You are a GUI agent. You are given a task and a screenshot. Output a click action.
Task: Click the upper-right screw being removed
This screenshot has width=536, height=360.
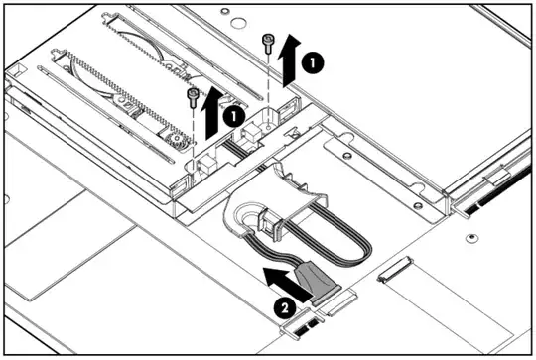point(268,43)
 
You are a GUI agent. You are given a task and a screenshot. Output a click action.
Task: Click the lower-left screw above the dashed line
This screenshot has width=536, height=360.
point(194,97)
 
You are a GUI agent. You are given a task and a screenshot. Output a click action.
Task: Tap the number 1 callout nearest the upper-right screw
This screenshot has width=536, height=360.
point(313,62)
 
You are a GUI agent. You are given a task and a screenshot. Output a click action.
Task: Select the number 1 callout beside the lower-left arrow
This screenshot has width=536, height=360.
point(234,116)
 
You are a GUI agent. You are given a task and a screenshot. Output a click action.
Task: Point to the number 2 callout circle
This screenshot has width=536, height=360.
point(285,308)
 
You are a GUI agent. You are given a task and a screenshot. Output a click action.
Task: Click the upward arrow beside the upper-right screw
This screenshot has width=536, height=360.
point(289,60)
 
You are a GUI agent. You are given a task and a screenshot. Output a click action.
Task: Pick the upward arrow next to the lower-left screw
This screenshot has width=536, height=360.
point(212,113)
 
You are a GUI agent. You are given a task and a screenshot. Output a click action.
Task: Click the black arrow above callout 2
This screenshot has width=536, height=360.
point(287,285)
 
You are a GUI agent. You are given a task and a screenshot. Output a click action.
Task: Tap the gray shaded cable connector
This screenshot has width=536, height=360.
point(318,283)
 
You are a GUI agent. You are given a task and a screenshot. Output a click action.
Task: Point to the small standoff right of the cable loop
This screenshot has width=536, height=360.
point(471,237)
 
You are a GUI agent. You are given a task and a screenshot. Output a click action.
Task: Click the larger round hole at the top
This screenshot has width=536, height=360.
point(238,23)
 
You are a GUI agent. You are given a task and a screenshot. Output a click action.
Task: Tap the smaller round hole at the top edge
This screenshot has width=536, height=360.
point(225,11)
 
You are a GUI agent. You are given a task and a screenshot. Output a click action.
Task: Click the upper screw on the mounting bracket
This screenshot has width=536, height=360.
point(347,156)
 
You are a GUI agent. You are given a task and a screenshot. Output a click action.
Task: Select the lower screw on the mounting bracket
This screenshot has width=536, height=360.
point(417,205)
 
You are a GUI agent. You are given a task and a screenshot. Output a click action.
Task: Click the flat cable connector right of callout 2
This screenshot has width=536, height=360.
point(395,269)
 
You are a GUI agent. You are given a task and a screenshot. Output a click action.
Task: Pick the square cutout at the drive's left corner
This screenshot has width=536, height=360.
point(16,70)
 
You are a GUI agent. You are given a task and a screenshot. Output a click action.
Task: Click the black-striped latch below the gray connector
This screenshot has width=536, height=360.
point(302,325)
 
